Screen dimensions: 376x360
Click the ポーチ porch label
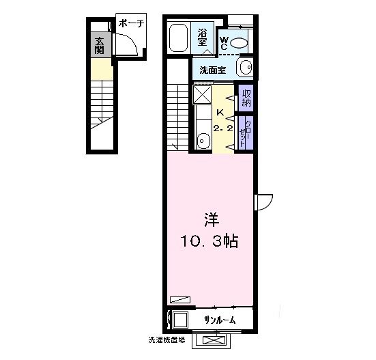(132, 23)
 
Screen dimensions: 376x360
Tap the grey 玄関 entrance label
(99, 46)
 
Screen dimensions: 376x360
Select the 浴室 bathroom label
(202, 38)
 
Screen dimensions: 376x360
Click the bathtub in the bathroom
(178, 38)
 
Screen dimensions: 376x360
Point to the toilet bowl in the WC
(238, 43)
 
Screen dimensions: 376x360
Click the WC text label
(224, 43)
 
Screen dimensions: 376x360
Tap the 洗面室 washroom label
(213, 70)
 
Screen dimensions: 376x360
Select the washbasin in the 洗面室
(245, 67)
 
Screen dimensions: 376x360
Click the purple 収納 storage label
(246, 98)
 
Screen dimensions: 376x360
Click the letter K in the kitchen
(220, 112)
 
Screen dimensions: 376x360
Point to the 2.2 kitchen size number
(223, 128)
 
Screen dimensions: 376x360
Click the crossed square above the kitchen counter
(202, 94)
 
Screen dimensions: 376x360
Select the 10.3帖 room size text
(209, 241)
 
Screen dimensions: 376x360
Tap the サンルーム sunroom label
(220, 320)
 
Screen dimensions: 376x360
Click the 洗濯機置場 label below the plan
(167, 340)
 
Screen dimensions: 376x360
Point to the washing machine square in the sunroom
(181, 320)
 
